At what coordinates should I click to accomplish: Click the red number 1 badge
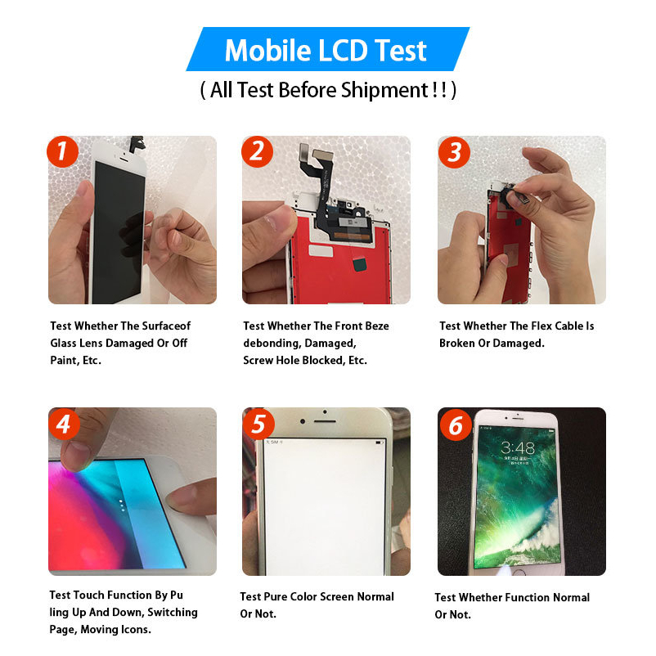(63, 151)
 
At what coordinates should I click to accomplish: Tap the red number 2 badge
(258, 151)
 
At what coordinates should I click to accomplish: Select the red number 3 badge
(454, 152)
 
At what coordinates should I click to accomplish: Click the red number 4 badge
(64, 425)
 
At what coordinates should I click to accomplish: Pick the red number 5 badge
(259, 425)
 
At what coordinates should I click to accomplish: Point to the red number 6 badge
(456, 425)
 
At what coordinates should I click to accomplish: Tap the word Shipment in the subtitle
(384, 90)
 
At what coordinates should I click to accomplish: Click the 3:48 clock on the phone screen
(518, 448)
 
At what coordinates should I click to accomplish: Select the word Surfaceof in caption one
(167, 326)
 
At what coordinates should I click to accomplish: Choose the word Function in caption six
(525, 597)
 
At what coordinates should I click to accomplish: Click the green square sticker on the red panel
(360, 264)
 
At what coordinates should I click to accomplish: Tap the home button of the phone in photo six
(519, 573)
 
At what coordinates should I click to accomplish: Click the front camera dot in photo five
(303, 421)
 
